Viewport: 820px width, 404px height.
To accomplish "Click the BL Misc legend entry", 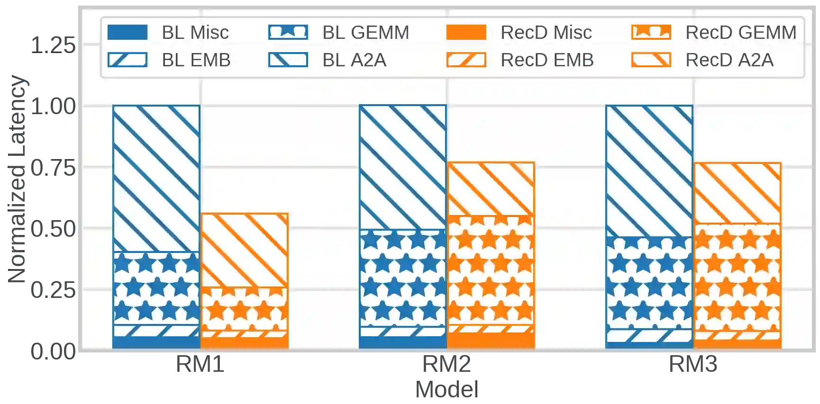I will tap(168, 33).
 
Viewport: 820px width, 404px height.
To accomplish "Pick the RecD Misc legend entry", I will tap(519, 33).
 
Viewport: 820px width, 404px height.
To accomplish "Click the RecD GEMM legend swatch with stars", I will tap(651, 32).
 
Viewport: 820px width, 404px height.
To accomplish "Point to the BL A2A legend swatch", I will tap(288, 60).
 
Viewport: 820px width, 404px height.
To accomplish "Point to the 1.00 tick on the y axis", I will tap(52, 106).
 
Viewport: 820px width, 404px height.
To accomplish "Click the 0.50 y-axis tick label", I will tap(52, 228).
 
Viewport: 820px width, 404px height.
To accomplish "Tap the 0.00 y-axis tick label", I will tap(52, 350).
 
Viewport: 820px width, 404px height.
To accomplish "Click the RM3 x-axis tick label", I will tap(693, 365).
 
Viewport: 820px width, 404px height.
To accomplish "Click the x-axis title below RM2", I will tap(446, 388).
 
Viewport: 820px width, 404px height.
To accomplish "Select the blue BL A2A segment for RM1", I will tap(156, 178).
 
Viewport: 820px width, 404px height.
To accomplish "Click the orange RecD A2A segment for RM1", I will tap(244, 250).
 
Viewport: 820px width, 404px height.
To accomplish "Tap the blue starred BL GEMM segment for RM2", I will tap(402, 278).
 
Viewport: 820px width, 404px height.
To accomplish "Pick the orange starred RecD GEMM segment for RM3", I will tap(737, 277).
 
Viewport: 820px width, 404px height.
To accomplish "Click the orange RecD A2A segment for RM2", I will tap(491, 189).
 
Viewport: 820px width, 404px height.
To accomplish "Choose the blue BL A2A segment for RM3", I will tap(649, 171).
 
